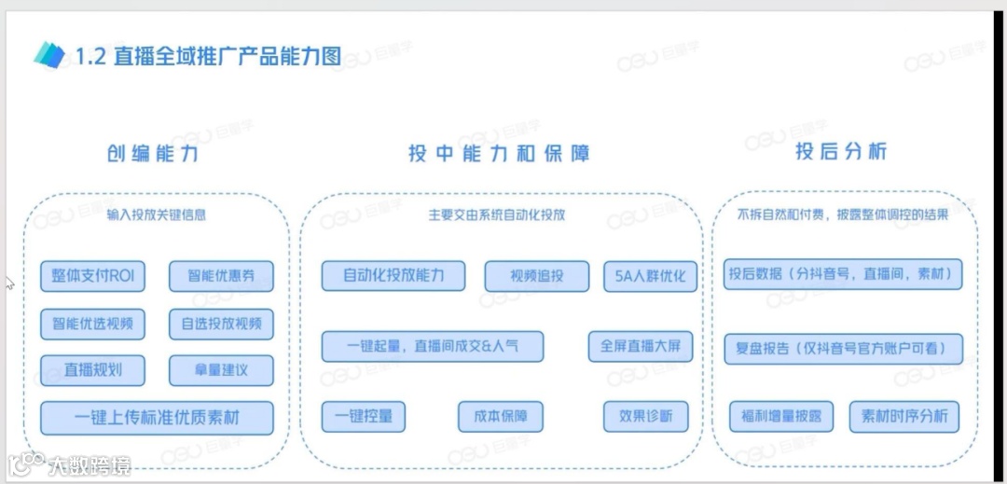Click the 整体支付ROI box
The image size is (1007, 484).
[x=93, y=276]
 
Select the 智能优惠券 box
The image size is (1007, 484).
[x=221, y=276]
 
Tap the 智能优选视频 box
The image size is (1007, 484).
[x=93, y=324]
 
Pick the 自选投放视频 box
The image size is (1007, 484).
[x=221, y=324]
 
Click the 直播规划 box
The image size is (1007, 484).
[x=93, y=370]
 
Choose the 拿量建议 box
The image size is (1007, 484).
[x=221, y=370]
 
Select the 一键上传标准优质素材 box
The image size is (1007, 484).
[x=157, y=418]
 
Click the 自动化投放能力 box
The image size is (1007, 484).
[x=393, y=275]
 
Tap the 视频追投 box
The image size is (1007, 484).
[x=524, y=276]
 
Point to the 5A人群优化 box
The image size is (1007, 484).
[x=650, y=276]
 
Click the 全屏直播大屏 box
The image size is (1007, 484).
[x=641, y=346]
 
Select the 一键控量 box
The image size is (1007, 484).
[x=363, y=416]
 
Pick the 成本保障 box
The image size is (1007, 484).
[x=500, y=416]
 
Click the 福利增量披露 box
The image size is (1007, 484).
[x=781, y=416]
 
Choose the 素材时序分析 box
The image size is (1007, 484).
[x=904, y=416]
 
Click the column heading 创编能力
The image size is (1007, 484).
[x=152, y=154]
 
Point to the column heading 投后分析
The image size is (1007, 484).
[x=841, y=152]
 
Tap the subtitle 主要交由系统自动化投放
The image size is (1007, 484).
[x=497, y=214]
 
